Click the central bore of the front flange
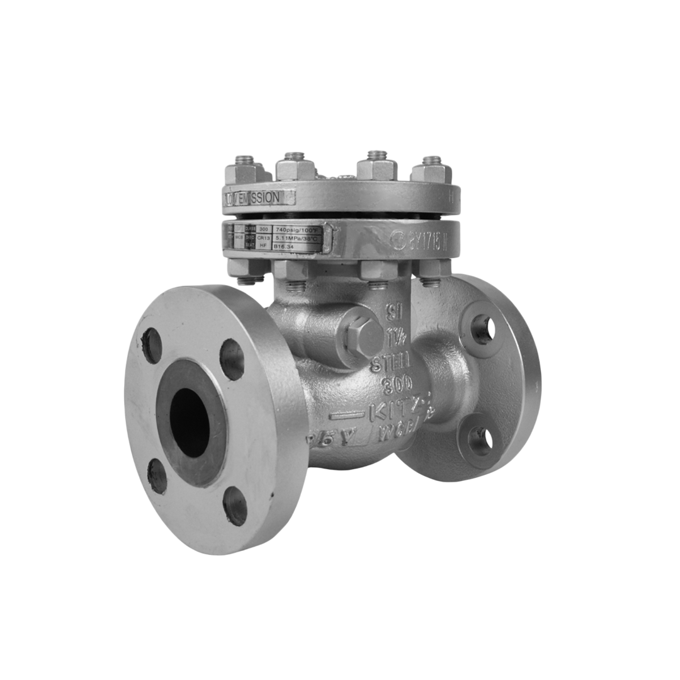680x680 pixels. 190,422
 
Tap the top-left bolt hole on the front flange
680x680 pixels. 152,346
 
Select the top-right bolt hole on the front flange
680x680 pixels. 232,359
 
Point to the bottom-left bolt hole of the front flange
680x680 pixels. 157,475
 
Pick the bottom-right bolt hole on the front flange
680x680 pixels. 235,506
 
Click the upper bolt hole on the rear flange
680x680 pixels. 483,329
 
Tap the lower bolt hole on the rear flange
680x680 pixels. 480,440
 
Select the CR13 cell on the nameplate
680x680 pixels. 264,239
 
